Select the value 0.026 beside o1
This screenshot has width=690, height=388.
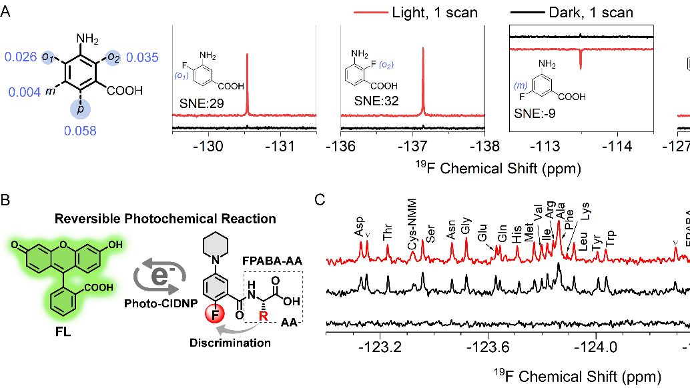coord(21,58)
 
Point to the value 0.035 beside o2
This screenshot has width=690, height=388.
coord(142,58)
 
